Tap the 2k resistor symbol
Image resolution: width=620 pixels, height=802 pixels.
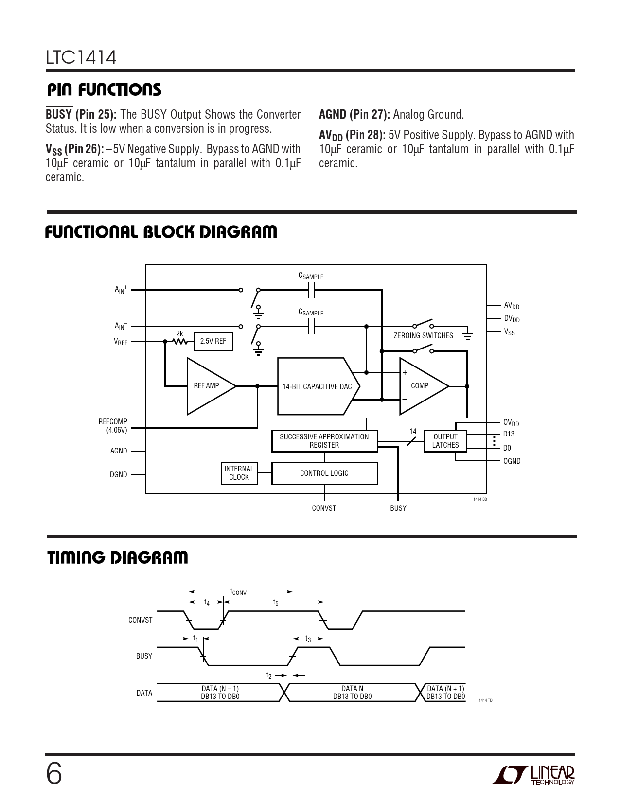click(180, 342)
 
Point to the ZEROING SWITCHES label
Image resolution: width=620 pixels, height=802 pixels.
click(423, 335)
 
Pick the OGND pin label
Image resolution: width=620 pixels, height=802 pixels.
click(512, 461)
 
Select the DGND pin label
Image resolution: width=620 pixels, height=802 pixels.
click(118, 474)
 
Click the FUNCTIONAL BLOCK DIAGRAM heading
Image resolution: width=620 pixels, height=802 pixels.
click(161, 232)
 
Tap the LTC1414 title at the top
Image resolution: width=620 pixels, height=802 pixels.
click(81, 57)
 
